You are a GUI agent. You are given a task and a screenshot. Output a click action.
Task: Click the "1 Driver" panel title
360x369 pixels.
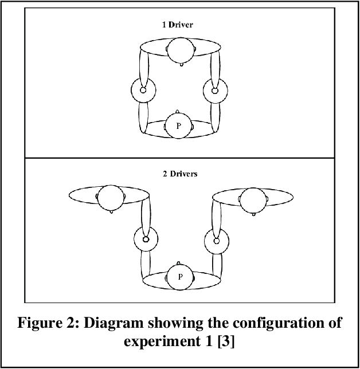[x=179, y=25]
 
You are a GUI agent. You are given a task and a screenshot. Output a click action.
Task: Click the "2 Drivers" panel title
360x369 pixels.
[x=179, y=174]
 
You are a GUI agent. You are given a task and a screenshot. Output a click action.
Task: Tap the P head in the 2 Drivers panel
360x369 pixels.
[x=179, y=277]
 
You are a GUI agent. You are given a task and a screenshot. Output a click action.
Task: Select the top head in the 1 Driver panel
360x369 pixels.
[x=179, y=50]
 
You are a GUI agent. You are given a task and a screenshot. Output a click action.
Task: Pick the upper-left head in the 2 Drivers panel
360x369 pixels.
[x=110, y=198]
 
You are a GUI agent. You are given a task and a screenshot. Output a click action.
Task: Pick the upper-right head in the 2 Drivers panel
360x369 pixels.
[x=252, y=200]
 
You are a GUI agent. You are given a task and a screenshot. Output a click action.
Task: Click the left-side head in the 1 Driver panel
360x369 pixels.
[x=143, y=90]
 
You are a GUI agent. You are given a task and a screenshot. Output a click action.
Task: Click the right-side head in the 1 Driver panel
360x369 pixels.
[x=215, y=90]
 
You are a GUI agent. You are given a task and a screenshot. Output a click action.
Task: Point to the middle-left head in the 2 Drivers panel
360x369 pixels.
[x=145, y=238]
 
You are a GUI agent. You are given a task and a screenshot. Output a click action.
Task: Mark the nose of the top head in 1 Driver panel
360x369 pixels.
[x=181, y=64]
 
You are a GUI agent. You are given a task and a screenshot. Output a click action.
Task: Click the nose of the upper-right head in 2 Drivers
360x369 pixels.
[x=253, y=214]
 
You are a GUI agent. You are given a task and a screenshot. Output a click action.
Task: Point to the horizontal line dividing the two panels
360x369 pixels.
[x=179, y=158]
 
